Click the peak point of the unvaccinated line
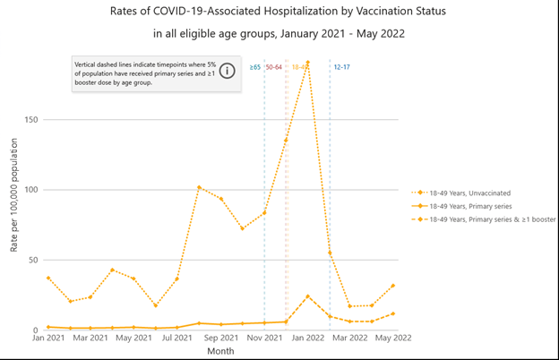307,63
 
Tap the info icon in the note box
229,70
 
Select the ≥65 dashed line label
255,67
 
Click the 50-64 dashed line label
274,67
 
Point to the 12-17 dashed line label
341,67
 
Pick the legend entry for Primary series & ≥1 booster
491,219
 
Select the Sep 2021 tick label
220,339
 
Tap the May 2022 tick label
394,339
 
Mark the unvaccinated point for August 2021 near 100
199,187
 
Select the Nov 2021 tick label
264,339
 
